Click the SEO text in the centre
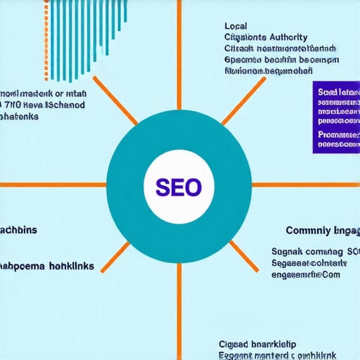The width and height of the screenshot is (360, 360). coord(179,188)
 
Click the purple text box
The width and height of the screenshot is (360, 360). coord(336,116)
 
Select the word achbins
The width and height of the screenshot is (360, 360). coord(19,230)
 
